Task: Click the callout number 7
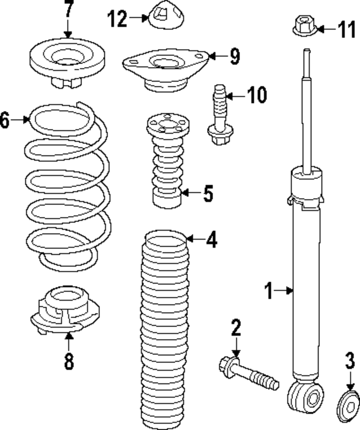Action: [68, 13]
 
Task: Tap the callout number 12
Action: [118, 18]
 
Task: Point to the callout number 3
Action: [350, 362]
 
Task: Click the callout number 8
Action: [69, 361]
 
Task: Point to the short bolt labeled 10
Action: [219, 115]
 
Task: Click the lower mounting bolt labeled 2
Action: [248, 374]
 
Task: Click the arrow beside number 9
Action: [216, 56]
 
